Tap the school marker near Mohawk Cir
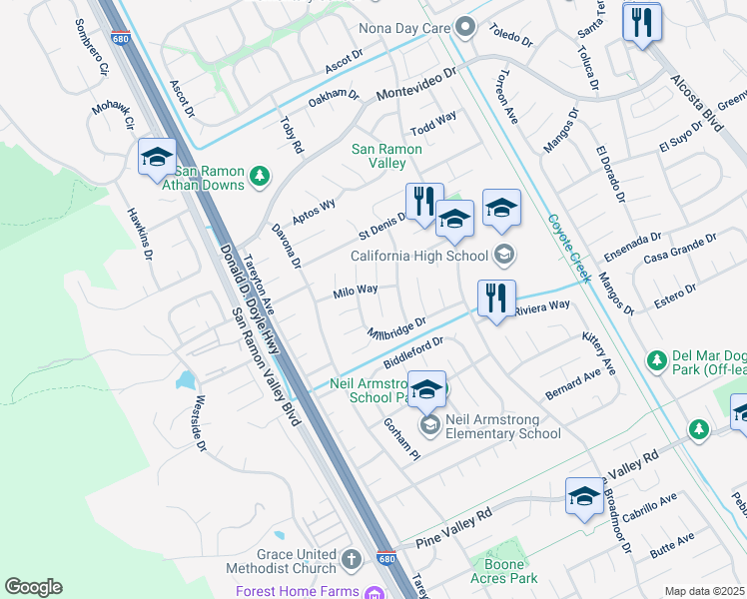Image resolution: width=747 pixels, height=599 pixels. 158,158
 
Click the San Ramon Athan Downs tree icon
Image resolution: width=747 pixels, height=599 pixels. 260,177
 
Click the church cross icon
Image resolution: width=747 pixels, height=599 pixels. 351,559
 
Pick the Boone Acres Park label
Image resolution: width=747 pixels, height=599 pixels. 504,569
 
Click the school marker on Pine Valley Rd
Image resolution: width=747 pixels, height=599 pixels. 584,496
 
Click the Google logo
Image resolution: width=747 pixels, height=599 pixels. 33,587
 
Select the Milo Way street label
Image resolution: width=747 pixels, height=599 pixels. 356,291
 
